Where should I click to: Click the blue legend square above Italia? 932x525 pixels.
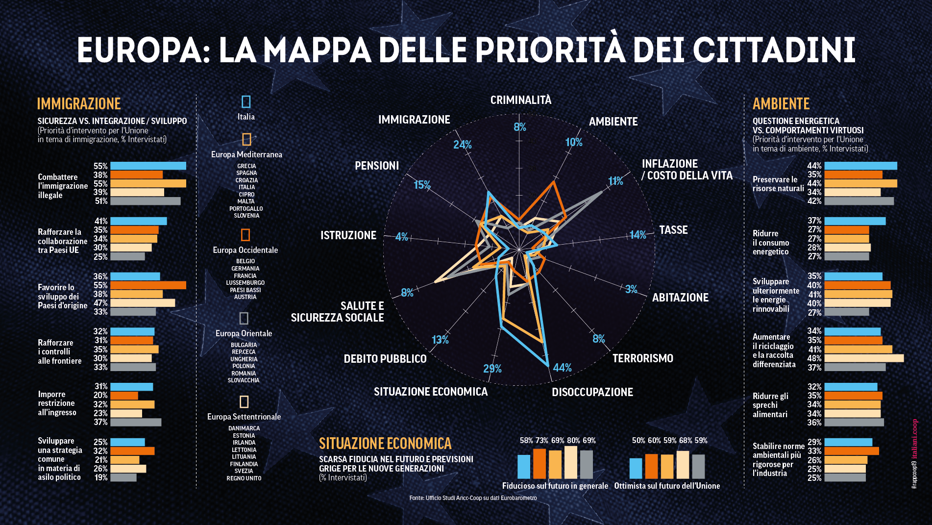coord(246,101)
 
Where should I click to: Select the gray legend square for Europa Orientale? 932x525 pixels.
coord(244,318)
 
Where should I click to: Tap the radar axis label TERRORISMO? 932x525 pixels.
coord(642,358)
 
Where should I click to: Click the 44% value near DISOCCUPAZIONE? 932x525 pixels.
coord(562,368)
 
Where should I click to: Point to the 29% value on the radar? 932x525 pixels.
coord(492,369)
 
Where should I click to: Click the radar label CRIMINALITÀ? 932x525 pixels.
coord(520,100)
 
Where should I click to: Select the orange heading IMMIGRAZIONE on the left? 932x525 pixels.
coord(79,104)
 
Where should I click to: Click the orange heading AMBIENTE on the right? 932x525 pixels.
coord(781,104)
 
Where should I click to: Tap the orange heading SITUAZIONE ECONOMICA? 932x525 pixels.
coord(385,443)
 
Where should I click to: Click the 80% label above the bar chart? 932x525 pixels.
coord(573,440)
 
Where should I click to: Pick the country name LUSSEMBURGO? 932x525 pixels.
coord(245,283)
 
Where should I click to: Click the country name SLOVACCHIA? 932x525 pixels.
coord(244,380)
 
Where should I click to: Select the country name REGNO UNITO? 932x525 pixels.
coord(244,478)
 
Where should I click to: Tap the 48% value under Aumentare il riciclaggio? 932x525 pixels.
coord(814,358)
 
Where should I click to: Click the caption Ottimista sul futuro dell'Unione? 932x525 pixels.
coord(667,486)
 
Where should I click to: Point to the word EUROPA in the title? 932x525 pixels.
coord(139,50)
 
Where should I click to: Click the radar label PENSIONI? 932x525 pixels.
coord(376,166)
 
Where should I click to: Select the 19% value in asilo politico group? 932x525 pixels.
coord(100,477)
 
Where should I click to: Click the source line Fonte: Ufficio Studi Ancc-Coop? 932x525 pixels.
coord(473,498)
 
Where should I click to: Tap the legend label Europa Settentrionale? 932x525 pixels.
coord(244,417)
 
